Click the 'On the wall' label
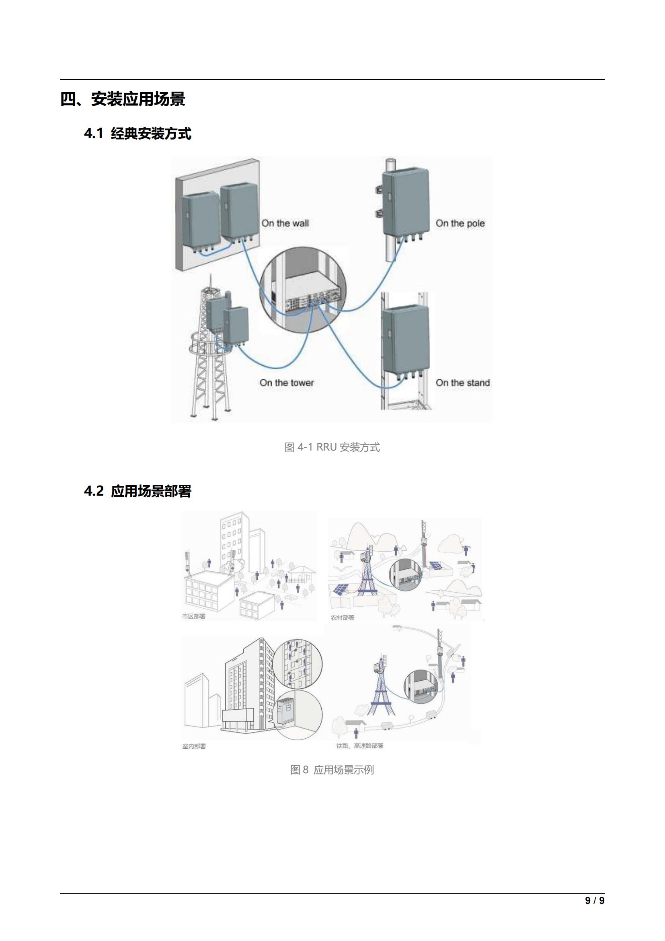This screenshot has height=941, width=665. point(285,223)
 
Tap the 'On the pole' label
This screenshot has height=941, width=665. point(460,223)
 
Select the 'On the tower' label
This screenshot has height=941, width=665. point(287,383)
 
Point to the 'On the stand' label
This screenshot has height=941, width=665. point(462,383)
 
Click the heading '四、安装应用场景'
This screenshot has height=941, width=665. point(123,99)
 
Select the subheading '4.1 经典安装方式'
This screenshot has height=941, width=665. point(138,134)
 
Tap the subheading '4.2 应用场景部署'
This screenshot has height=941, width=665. point(138,491)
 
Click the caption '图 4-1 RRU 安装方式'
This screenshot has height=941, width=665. point(332,447)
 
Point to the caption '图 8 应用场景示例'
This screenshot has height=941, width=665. point(332,770)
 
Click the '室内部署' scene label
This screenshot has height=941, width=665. point(194,746)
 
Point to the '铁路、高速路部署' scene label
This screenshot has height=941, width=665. point(359,746)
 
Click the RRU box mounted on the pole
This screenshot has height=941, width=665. point(406,202)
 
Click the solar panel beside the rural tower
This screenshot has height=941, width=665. point(341,589)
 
